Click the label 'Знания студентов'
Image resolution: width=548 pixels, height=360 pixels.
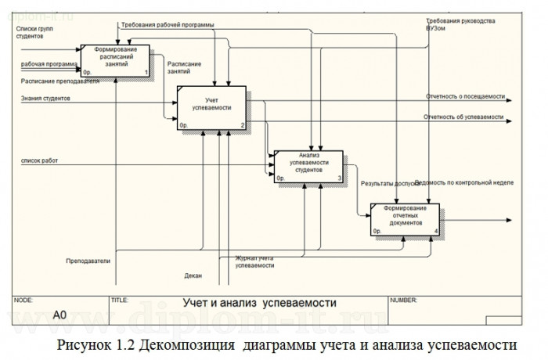coord(46,99)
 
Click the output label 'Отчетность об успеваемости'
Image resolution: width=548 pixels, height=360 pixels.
coord(463,117)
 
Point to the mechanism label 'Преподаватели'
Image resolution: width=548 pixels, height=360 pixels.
coord(88,260)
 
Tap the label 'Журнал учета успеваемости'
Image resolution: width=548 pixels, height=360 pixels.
coord(254,261)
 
